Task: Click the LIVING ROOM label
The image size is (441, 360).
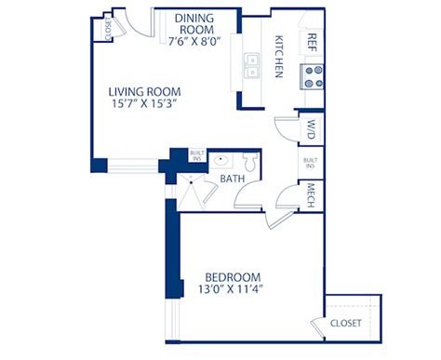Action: click(144, 92)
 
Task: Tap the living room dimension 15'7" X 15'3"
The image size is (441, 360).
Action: click(144, 103)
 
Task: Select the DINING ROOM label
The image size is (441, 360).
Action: click(194, 24)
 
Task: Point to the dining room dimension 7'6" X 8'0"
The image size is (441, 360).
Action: click(194, 41)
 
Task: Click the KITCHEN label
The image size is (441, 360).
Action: click(279, 57)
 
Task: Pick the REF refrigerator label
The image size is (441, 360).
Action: click(312, 43)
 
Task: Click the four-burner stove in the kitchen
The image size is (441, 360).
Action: click(312, 76)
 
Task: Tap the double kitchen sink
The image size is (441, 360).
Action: click(251, 65)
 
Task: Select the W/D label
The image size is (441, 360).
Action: click(311, 129)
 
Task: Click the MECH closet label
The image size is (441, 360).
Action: click(311, 195)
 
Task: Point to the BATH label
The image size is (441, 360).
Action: click(233, 179)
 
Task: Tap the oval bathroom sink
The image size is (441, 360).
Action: click(220, 160)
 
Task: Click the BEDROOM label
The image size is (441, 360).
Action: click(233, 277)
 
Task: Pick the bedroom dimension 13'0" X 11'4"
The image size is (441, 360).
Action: click(231, 289)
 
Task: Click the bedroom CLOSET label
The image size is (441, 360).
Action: click(346, 323)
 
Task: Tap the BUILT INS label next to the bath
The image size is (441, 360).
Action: click(197, 155)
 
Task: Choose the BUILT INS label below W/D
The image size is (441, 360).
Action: click(311, 163)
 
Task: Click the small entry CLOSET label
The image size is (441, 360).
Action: click(108, 29)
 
